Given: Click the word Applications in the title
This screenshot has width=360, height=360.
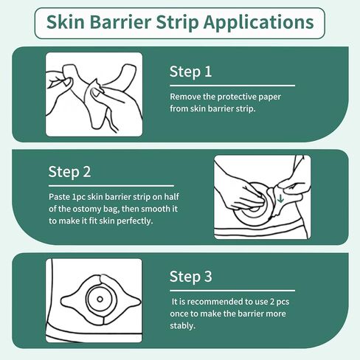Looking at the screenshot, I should click(260, 23).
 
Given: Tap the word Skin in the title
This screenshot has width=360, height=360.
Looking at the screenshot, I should click(66, 23).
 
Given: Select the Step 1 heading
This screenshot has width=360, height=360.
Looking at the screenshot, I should click(191, 72).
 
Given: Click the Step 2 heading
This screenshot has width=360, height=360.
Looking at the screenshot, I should click(70, 172).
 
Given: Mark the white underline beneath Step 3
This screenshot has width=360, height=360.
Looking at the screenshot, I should click(232, 290).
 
